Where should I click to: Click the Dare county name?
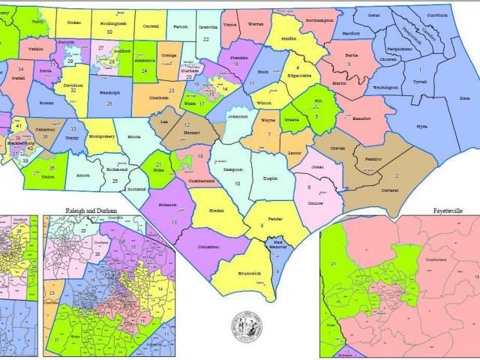click(464, 98)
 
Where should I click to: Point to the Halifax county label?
click(289, 37)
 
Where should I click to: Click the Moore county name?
click(134, 138)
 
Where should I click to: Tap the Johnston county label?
click(237, 118)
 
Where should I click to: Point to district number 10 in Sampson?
click(238, 183)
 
